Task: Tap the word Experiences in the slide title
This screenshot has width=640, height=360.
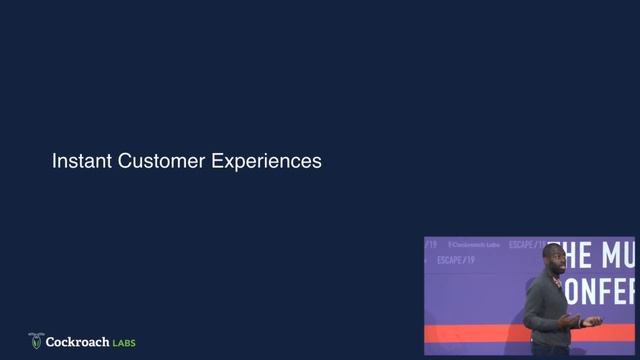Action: point(267,161)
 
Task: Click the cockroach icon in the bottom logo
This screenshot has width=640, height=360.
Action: point(36,341)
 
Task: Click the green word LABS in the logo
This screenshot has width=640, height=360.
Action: point(124,343)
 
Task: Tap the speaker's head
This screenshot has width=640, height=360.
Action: point(552,262)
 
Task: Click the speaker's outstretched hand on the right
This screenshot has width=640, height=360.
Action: point(592,322)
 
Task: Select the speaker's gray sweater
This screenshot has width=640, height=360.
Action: point(548,310)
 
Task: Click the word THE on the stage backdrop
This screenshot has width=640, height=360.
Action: point(572,255)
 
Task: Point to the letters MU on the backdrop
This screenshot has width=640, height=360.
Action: point(615,255)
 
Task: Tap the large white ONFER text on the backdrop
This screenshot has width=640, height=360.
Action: point(600,292)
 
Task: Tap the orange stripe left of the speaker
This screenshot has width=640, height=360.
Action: point(470,333)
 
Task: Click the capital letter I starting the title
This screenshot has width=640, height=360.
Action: point(54,160)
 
